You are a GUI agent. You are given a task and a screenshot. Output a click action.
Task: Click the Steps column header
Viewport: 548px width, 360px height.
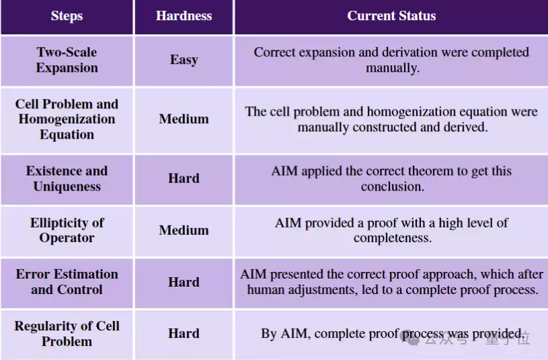coord(67,15)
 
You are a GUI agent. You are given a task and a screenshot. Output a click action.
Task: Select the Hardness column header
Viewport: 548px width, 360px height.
coord(184,15)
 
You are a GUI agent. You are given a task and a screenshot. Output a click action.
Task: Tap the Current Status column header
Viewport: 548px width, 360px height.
coord(391,15)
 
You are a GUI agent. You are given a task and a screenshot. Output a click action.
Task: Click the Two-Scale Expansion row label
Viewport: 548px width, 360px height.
coord(67,60)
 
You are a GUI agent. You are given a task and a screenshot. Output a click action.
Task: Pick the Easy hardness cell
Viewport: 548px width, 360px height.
coord(184,60)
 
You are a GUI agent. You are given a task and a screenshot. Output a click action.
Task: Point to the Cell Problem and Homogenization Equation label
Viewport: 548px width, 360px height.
coord(67,119)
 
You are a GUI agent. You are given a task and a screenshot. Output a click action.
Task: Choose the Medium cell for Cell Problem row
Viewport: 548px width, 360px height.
coord(184,119)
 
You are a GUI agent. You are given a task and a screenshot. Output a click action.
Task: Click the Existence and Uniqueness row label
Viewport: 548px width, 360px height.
coord(67,178)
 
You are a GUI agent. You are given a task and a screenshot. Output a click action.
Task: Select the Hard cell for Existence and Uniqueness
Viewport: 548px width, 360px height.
coord(184,178)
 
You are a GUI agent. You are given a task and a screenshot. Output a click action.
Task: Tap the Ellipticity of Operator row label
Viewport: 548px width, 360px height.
coord(67,230)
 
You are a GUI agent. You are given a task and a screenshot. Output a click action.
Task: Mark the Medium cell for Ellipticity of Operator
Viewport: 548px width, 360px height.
coord(184,230)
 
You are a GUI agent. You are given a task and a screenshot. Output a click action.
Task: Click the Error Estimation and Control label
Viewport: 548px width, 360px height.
coord(67,282)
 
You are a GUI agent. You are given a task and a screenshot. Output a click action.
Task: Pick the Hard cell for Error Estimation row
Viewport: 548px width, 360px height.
coord(184,282)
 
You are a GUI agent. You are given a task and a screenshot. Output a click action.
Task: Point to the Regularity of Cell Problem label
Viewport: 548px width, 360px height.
coord(67,333)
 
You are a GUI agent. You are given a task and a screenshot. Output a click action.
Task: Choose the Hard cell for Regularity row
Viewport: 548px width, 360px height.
coord(184,333)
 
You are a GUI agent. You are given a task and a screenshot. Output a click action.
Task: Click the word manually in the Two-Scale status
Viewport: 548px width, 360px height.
coord(393,68)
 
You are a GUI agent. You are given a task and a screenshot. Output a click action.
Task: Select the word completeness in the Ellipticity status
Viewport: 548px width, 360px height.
coord(393,238)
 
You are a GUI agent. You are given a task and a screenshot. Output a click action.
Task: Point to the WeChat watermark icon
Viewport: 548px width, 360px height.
coord(411,338)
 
